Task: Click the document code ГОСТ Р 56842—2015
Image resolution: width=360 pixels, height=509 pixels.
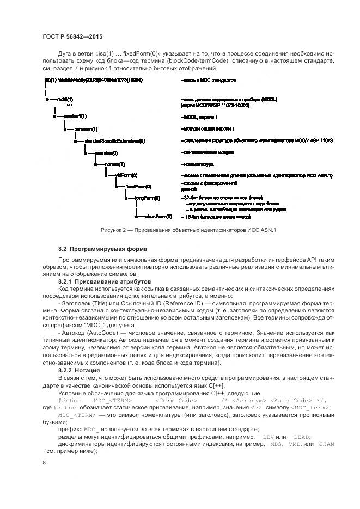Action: click(x=72, y=37)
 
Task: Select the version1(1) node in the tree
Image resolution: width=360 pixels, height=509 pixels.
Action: click(x=75, y=116)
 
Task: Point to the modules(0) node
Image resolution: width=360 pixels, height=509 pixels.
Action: click(x=107, y=154)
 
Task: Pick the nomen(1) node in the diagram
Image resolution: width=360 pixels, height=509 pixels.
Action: click(x=115, y=164)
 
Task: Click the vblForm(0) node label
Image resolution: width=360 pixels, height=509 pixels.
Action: click(x=126, y=175)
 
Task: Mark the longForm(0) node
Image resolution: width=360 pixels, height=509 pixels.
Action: click(x=147, y=198)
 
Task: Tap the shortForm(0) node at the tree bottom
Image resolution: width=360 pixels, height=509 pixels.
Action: click(x=158, y=216)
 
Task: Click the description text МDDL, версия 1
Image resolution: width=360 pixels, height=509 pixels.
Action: click(x=199, y=116)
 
